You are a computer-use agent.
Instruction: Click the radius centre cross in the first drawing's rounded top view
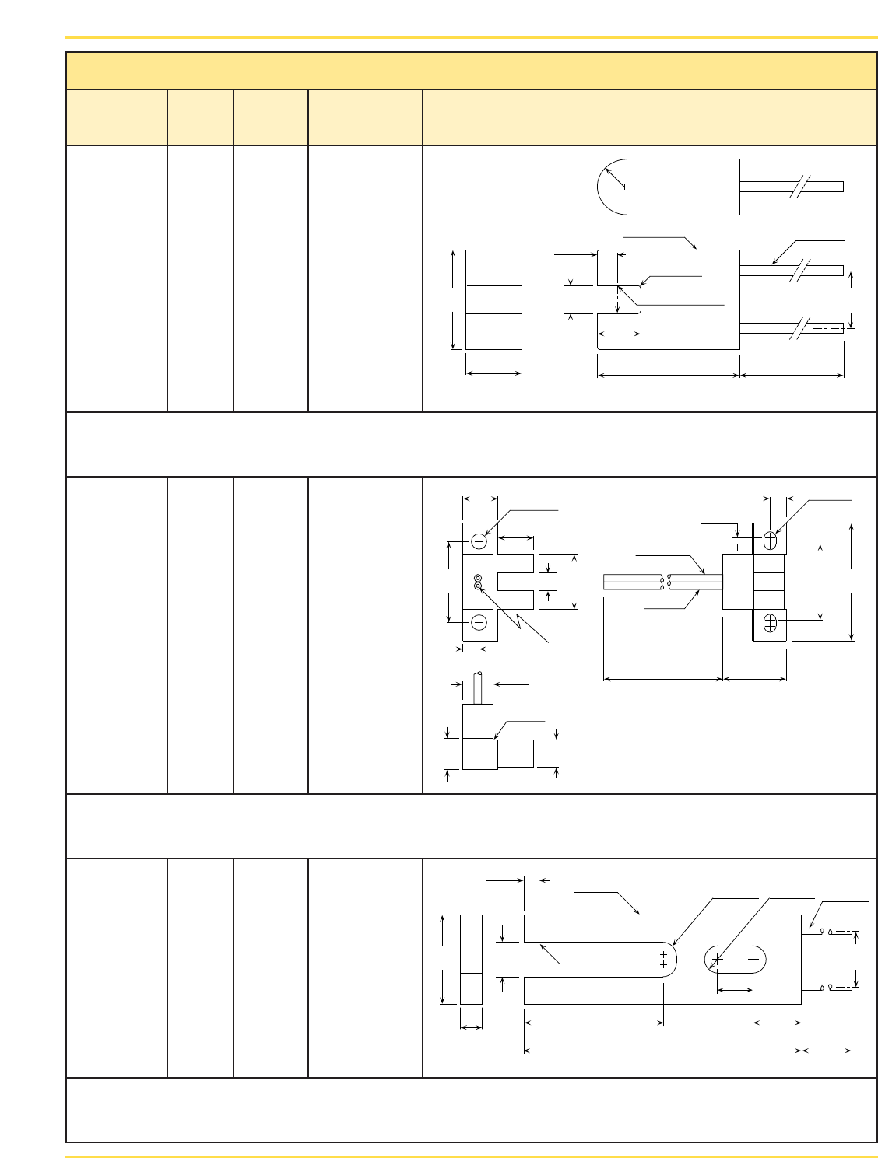(x=624, y=187)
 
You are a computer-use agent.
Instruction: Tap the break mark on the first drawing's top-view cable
(x=800, y=187)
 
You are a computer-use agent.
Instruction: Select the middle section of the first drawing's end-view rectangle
(x=493, y=299)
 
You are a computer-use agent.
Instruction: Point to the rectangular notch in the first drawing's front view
(x=620, y=299)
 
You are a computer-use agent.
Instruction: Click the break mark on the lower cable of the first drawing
(x=800, y=327)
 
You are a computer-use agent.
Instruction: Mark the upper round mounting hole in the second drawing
(x=479, y=541)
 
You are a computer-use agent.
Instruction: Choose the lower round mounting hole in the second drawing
(x=479, y=622)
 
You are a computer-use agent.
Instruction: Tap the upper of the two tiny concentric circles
(x=478, y=579)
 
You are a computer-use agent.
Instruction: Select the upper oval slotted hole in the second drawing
(x=770, y=540)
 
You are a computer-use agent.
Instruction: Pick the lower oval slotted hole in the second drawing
(x=770, y=623)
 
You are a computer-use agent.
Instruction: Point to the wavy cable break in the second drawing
(x=664, y=582)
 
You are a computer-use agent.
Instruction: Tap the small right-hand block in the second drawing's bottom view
(x=515, y=754)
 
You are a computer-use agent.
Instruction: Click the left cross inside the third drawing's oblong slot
(x=718, y=960)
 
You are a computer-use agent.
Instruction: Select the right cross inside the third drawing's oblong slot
(x=753, y=960)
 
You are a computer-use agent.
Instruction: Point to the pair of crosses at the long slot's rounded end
(x=663, y=960)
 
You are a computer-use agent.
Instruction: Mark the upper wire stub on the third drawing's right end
(x=813, y=931)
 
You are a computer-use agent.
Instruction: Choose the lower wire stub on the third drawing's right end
(x=813, y=988)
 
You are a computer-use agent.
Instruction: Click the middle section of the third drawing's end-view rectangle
(x=471, y=960)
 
